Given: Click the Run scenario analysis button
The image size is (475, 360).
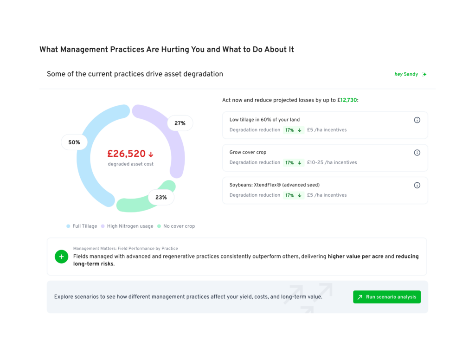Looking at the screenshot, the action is (386, 297).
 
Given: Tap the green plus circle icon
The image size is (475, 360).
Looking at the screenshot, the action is (62, 257).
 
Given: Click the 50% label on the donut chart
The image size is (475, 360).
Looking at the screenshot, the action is (74, 142).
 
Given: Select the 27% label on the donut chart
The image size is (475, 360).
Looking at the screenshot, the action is (180, 123).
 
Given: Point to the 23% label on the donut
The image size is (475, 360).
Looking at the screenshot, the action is (161, 198).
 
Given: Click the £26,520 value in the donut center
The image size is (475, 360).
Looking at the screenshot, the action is (126, 154).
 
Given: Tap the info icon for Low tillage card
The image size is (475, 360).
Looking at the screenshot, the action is (417, 120).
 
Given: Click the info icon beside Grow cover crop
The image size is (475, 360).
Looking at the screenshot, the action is (417, 153).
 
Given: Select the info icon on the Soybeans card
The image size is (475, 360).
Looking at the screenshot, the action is (417, 185).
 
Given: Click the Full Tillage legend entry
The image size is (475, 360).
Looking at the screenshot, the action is (82, 226).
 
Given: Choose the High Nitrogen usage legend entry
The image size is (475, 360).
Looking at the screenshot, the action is (127, 226).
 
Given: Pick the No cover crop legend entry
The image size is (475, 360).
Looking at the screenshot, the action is (176, 226).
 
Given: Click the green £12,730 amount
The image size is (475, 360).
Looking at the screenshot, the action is (348, 100).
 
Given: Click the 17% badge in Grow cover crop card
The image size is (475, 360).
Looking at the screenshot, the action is (294, 163).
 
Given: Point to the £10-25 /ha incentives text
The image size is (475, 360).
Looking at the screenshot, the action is (332, 163).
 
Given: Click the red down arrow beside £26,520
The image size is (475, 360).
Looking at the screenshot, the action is (151, 154).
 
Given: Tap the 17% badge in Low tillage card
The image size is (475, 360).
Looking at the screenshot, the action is (294, 130).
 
